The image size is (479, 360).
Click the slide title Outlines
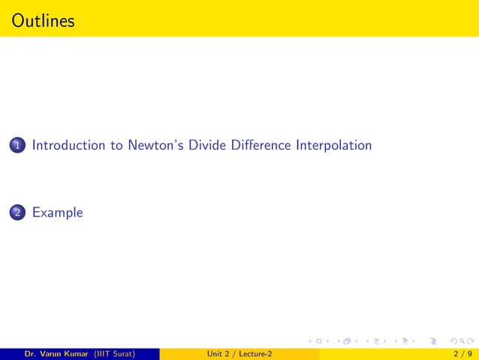[44, 20]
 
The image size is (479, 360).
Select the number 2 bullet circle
[17, 213]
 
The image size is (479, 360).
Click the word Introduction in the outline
[68, 145]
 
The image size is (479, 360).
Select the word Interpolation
[333, 145]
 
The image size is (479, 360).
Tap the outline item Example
[57, 213]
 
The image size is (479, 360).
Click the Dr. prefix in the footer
[30, 353]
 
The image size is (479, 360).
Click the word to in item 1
[116, 145]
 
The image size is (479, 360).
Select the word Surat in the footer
[122, 353]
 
